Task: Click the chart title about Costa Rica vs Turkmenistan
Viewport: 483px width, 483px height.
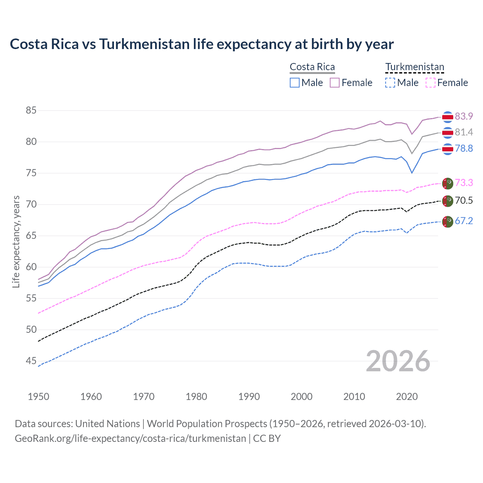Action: [202, 44]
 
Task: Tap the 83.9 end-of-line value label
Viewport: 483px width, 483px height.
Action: [464, 116]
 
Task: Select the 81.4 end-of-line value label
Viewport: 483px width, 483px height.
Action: [464, 132]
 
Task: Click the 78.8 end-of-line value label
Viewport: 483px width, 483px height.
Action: [464, 148]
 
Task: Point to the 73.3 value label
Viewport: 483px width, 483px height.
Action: [464, 183]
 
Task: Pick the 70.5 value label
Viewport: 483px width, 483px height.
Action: [464, 200]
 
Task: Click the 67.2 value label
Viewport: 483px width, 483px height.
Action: [464, 221]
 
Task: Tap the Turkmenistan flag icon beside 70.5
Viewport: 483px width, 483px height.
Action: [448, 201]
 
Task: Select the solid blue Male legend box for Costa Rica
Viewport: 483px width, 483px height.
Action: [295, 83]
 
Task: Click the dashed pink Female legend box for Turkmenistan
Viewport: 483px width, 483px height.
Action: [431, 83]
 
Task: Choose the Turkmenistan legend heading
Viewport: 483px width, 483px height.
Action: [415, 67]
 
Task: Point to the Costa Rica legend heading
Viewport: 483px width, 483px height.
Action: [312, 67]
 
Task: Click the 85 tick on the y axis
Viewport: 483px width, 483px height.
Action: [31, 111]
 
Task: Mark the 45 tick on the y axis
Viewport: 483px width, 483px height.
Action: [31, 361]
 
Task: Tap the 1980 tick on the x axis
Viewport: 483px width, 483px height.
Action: [196, 397]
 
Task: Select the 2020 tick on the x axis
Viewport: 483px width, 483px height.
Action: [407, 397]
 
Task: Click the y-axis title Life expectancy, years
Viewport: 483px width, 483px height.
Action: [16, 241]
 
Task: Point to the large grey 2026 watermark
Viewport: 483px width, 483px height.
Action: [398, 361]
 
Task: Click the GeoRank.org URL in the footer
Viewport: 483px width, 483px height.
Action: [130, 438]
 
